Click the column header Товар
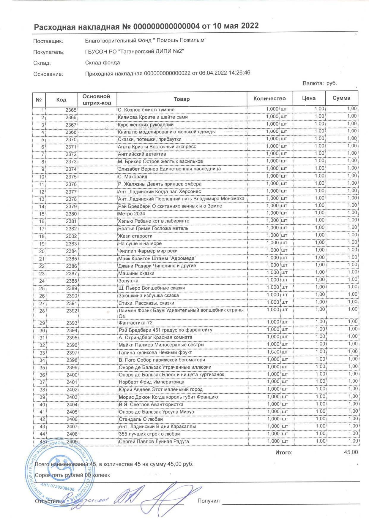(182, 99)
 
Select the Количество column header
(269, 99)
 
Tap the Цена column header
(309, 98)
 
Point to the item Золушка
(128, 281)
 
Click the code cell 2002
(71, 236)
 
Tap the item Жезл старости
(135, 236)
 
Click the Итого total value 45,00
(351, 452)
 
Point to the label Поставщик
(48, 41)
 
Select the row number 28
(42, 311)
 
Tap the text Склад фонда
(102, 63)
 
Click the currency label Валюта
(313, 83)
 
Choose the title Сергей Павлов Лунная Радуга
(154, 441)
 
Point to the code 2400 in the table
(72, 375)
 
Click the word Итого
(283, 453)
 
